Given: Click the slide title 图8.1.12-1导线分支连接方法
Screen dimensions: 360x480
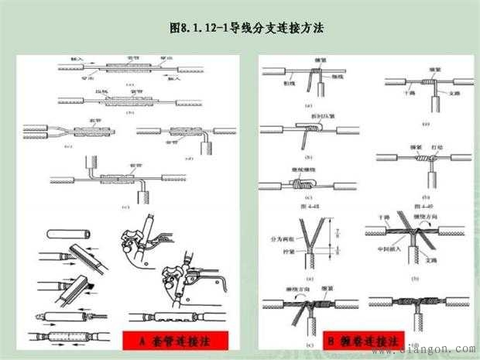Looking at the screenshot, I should point(245,29).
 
